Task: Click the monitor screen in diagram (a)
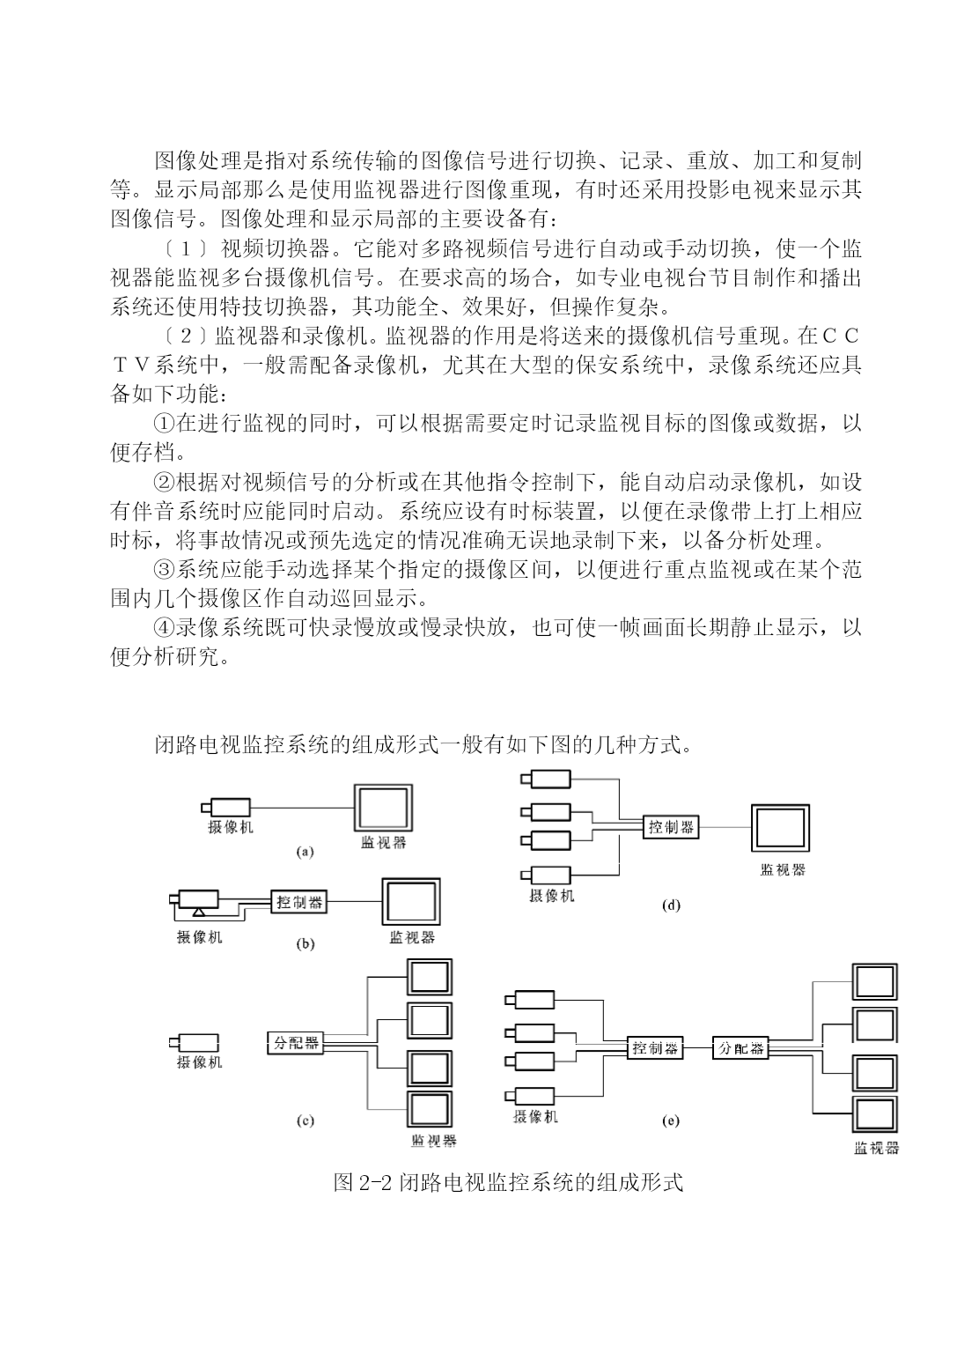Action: click(383, 808)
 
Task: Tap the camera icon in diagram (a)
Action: click(225, 807)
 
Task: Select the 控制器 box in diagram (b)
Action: click(298, 902)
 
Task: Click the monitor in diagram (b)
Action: click(411, 901)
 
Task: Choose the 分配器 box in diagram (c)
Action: click(295, 1043)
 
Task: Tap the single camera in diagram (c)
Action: click(193, 1043)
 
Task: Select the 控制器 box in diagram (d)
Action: click(671, 827)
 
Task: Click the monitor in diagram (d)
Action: click(780, 827)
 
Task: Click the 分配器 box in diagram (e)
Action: click(740, 1048)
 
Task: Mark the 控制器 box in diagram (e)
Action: click(655, 1048)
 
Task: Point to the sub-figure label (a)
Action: click(305, 852)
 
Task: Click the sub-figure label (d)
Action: click(671, 905)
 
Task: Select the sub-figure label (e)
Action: click(670, 1120)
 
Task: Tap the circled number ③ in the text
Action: click(165, 569)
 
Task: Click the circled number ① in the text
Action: click(165, 423)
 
